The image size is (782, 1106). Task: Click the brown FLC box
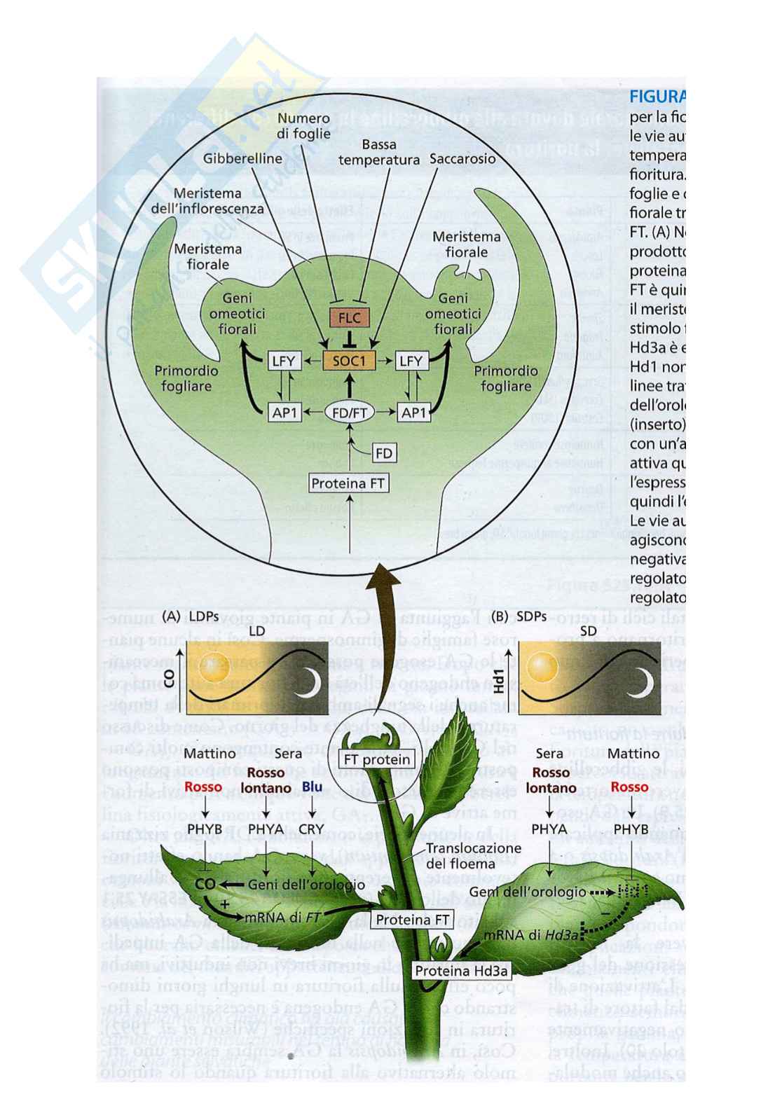pyautogui.click(x=349, y=318)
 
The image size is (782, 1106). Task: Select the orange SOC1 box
pyautogui.click(x=349, y=361)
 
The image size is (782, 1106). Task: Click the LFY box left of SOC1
pyautogui.click(x=284, y=361)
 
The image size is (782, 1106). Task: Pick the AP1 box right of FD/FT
pyautogui.click(x=413, y=413)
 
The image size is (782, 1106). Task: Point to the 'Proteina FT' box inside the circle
pyautogui.click(x=348, y=483)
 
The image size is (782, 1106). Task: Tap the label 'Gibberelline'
pyautogui.click(x=242, y=158)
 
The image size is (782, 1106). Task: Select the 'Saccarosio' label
pyautogui.click(x=462, y=159)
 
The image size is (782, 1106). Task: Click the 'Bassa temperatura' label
pyautogui.click(x=379, y=152)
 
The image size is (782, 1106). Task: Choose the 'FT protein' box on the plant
pyautogui.click(x=376, y=759)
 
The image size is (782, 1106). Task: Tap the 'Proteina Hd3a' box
pyautogui.click(x=460, y=971)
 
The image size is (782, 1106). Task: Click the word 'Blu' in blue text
pyautogui.click(x=312, y=787)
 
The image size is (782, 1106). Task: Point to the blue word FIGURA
pyautogui.click(x=657, y=96)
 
